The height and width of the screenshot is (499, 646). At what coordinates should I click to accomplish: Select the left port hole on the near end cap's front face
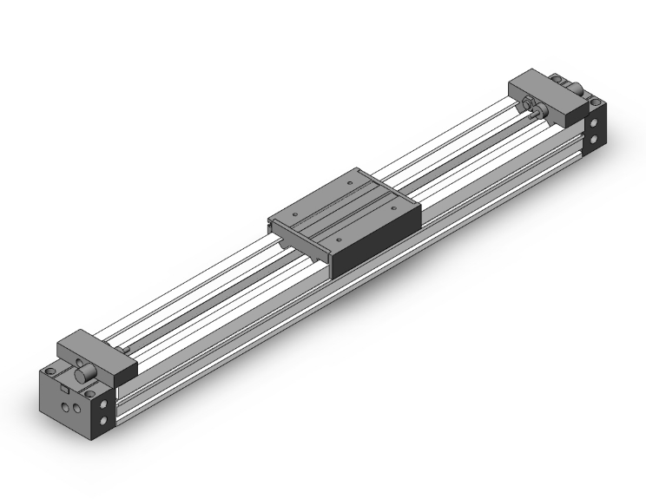65,404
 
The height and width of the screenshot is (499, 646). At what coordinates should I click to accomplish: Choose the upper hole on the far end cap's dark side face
594,122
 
